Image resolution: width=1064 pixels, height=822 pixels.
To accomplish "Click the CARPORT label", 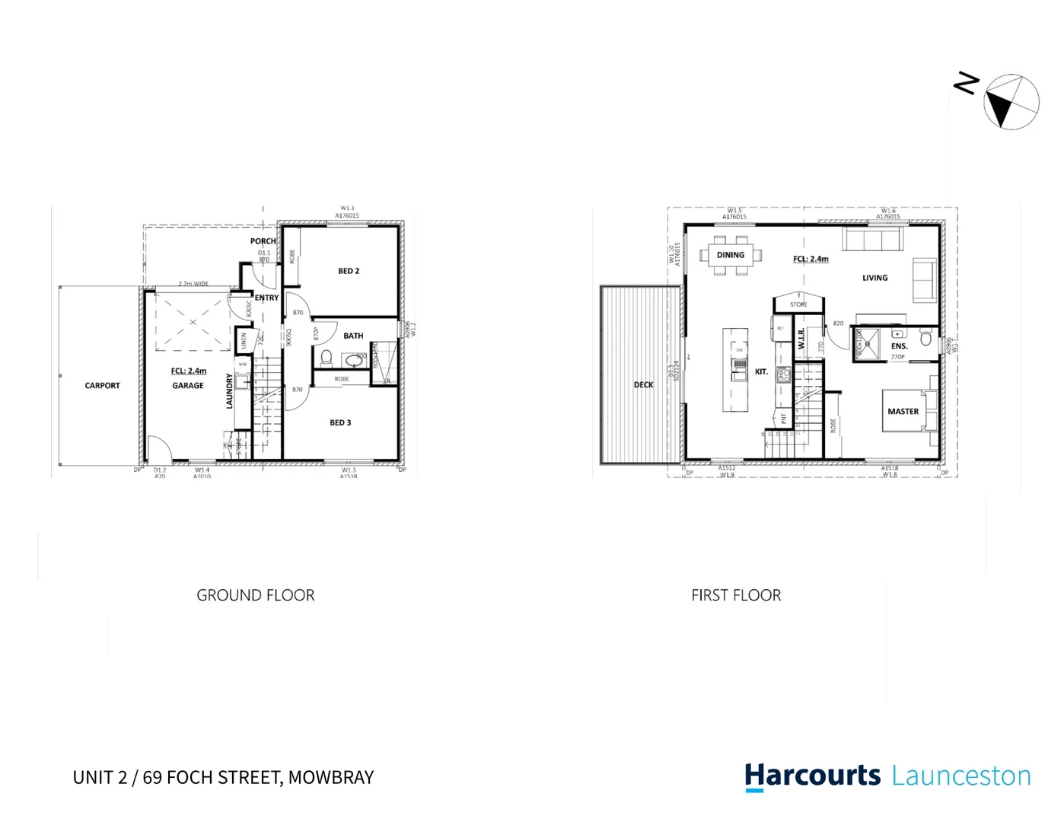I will pyautogui.click(x=102, y=386).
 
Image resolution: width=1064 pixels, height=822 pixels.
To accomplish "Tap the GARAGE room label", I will pyautogui.click(x=187, y=386).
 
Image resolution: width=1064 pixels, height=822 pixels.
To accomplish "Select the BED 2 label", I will pyautogui.click(x=349, y=271).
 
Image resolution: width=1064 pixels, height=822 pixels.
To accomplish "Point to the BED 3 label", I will pyautogui.click(x=340, y=423).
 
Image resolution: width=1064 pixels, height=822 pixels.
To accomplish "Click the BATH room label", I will pyautogui.click(x=353, y=336).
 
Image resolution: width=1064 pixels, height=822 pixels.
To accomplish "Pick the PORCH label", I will pyautogui.click(x=263, y=241).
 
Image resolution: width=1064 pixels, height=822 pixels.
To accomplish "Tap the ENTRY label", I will pyautogui.click(x=266, y=298).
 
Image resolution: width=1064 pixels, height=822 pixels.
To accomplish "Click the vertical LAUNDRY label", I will pyautogui.click(x=229, y=391).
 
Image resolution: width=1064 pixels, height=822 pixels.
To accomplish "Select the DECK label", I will pyautogui.click(x=643, y=385).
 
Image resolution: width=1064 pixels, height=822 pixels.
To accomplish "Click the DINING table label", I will pyautogui.click(x=730, y=255).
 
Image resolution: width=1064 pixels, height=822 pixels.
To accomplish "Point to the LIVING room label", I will pyautogui.click(x=874, y=278).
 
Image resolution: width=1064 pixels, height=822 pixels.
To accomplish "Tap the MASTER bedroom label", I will pyautogui.click(x=903, y=412).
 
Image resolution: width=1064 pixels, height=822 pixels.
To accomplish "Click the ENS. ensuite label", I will pyautogui.click(x=899, y=346).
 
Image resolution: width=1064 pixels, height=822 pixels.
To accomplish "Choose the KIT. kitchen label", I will pyautogui.click(x=761, y=372).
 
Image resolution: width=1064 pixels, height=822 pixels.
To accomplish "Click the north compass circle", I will pyautogui.click(x=1011, y=102).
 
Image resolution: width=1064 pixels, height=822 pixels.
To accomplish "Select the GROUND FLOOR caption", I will pyautogui.click(x=255, y=595).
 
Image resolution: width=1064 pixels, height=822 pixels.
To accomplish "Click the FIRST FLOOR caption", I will pyautogui.click(x=736, y=595).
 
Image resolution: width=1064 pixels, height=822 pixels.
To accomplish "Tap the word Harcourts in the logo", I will pyautogui.click(x=812, y=776).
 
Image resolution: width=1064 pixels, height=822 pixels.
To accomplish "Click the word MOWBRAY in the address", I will pyautogui.click(x=331, y=777).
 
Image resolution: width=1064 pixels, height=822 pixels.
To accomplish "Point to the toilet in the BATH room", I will pyautogui.click(x=327, y=357).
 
